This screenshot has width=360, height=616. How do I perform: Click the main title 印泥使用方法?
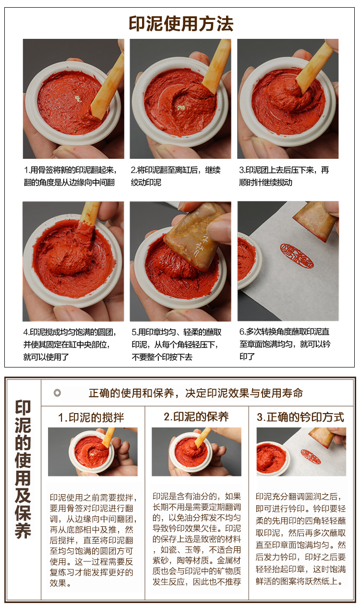coord(180,24)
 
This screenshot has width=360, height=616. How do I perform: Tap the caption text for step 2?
coord(176,176)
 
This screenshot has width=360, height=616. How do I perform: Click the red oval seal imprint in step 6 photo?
coord(296,255)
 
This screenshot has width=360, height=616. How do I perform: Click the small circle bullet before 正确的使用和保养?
coord(57,393)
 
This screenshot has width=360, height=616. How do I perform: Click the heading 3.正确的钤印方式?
coord(300,417)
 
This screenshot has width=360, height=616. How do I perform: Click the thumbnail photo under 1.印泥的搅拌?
coord(93,451)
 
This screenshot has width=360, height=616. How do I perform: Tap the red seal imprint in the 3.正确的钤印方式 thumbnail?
coord(311,456)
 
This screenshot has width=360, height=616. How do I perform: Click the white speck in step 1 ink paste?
coord(77,98)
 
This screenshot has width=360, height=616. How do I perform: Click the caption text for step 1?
coord(71,176)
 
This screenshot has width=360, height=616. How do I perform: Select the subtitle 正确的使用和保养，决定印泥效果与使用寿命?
coord(196,393)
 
